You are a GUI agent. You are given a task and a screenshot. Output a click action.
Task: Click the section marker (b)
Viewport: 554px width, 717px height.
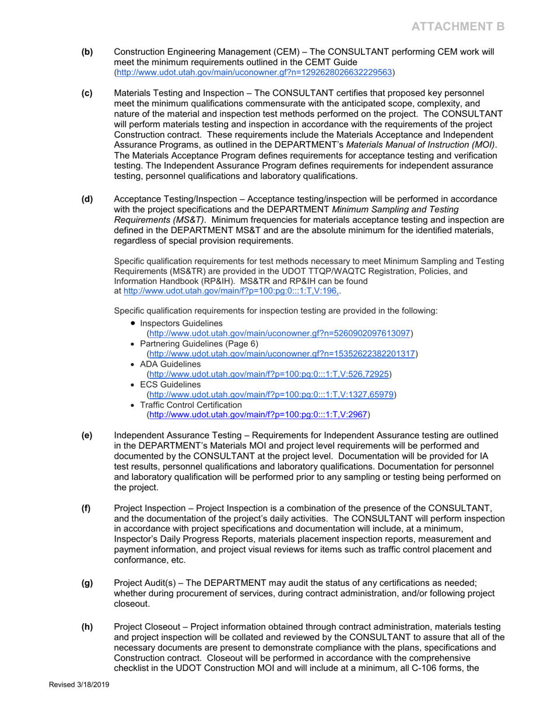coord(86,52)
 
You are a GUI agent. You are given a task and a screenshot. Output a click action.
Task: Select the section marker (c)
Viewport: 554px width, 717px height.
coord(86,93)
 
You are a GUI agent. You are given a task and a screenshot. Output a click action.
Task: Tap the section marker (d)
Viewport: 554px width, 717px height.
coord(86,199)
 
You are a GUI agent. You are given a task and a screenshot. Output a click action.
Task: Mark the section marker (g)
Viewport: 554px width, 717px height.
coord(86,584)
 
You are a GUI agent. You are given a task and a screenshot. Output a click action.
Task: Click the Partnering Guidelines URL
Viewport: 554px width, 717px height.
coord(282,354)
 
